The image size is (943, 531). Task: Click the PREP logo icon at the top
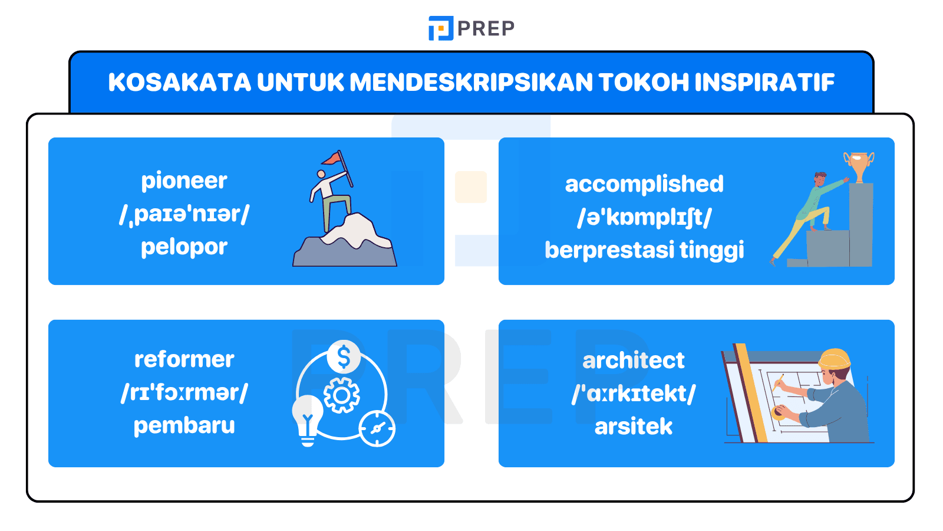click(440, 28)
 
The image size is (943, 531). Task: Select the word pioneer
click(184, 181)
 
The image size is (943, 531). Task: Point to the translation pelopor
click(184, 247)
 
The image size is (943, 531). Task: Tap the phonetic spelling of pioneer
click(184, 214)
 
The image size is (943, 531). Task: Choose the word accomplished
click(644, 184)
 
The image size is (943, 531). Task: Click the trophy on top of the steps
click(859, 166)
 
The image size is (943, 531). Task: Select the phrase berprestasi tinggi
click(644, 250)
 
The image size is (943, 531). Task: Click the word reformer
click(184, 359)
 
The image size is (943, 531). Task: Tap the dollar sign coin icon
click(344, 356)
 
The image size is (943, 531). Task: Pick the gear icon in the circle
click(342, 395)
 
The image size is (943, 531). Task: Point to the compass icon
click(377, 429)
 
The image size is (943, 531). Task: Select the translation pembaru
click(184, 425)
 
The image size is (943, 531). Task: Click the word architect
click(634, 360)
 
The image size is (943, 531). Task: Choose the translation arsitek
click(634, 427)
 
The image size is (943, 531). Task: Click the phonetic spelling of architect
click(634, 394)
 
